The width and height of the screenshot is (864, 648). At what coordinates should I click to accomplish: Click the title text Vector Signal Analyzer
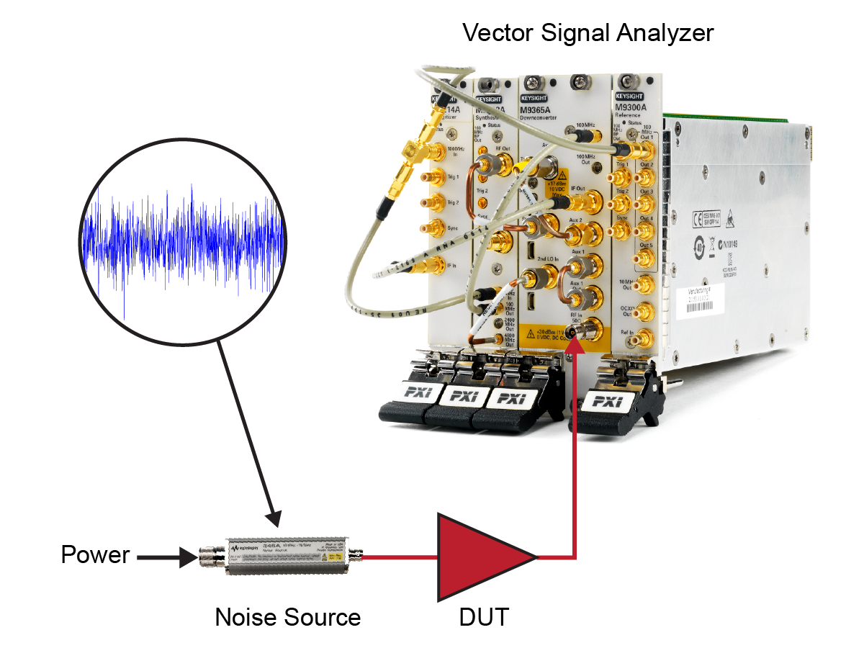tap(588, 32)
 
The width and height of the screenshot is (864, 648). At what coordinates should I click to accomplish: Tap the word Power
tap(95, 555)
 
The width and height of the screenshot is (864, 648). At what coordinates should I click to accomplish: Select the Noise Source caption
tap(288, 617)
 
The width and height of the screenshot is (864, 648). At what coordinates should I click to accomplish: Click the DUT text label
tap(484, 617)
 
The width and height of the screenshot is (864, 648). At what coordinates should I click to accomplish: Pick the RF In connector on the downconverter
tap(575, 330)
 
